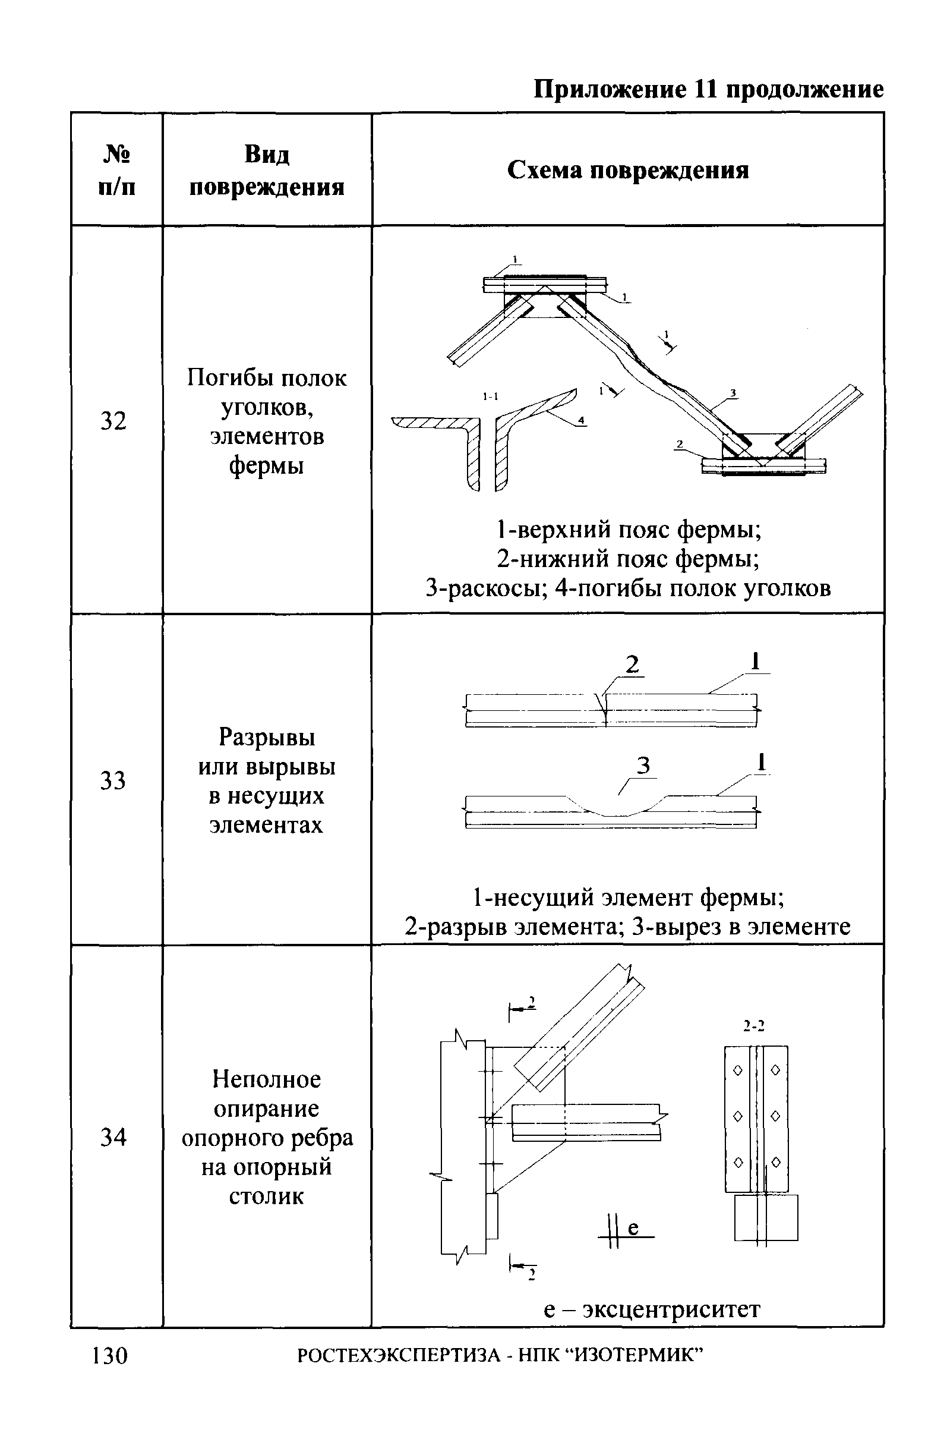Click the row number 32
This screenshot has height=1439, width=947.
pyautogui.click(x=113, y=421)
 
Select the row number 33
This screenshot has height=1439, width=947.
pyautogui.click(x=113, y=780)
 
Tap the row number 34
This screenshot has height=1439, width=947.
pyautogui.click(x=113, y=1137)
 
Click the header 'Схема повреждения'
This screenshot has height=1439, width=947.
pyautogui.click(x=628, y=171)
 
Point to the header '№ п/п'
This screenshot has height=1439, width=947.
pyautogui.click(x=116, y=171)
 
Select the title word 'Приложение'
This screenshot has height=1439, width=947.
pyautogui.click(x=610, y=90)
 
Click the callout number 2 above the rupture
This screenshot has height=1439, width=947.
pyautogui.click(x=632, y=665)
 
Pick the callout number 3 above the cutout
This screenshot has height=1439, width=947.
pyautogui.click(x=643, y=766)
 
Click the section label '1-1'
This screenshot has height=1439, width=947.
pyautogui.click(x=490, y=396)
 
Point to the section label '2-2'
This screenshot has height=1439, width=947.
pyautogui.click(x=755, y=1025)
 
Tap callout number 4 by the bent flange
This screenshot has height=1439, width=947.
pyautogui.click(x=581, y=420)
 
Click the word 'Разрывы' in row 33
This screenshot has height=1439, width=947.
pyautogui.click(x=267, y=737)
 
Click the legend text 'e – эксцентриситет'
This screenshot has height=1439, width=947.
pyautogui.click(x=652, y=1309)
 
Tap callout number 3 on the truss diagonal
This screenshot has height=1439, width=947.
pyautogui.click(x=733, y=393)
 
